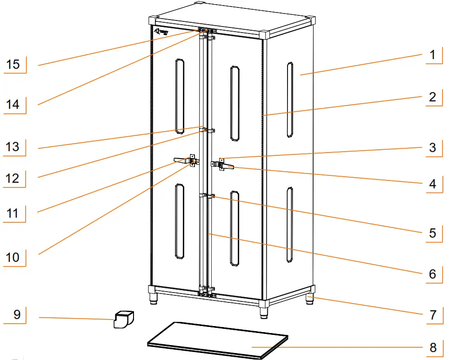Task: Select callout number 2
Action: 432,97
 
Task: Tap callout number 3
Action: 432,148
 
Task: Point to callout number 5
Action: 432,232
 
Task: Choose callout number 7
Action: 432,315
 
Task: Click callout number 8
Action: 432,348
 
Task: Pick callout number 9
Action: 17,315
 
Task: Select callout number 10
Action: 13,257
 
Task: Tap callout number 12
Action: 13,178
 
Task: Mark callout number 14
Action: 13,105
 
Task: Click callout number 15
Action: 13,64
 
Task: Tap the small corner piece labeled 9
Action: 123,320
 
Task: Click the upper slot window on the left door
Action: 179,97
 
